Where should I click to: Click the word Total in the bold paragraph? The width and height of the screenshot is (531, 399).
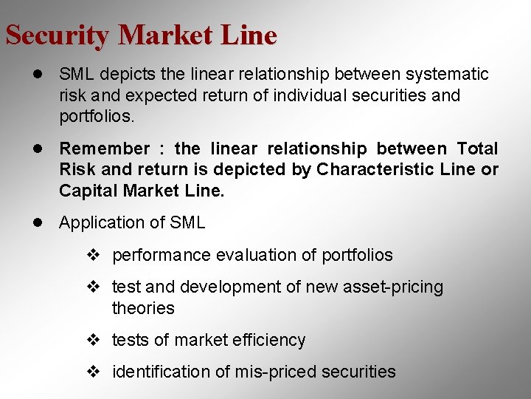(x=477, y=149)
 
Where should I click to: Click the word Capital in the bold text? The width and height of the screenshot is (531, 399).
(x=88, y=191)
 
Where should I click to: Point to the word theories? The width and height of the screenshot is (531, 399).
(x=143, y=308)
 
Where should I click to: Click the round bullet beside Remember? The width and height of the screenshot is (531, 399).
(x=36, y=149)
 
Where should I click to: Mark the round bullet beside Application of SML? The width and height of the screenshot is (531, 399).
(x=36, y=222)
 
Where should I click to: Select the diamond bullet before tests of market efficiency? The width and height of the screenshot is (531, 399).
(x=93, y=340)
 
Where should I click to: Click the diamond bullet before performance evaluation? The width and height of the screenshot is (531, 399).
(x=93, y=256)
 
